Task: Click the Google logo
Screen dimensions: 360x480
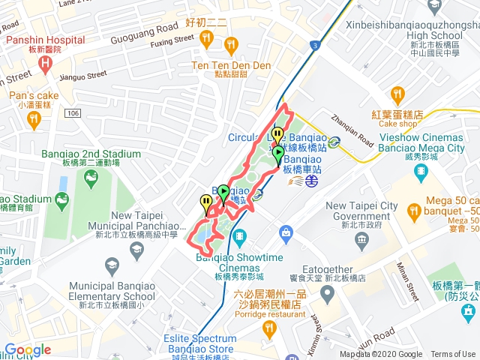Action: pyautogui.click(x=28, y=349)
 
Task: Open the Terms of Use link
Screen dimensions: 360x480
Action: pyautogui.click(x=453, y=355)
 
